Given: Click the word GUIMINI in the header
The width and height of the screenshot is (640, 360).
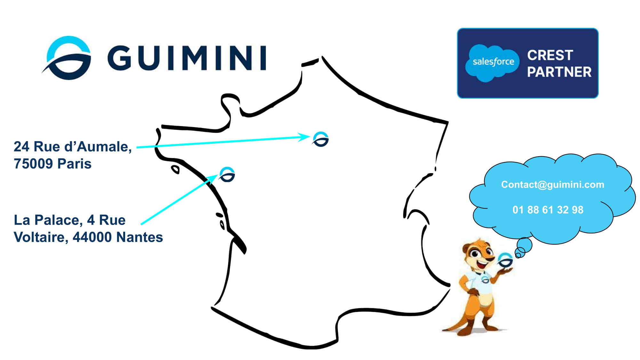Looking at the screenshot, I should tap(187, 58).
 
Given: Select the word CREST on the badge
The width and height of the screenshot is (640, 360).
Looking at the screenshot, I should tap(550, 55).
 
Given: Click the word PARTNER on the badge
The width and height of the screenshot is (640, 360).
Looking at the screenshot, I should tap(559, 72).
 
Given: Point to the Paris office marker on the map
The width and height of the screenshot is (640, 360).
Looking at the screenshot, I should tap(321, 139).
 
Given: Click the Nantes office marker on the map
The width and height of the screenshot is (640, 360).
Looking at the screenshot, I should tap(227, 175).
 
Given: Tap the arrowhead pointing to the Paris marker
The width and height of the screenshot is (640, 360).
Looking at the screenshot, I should tap(304, 137).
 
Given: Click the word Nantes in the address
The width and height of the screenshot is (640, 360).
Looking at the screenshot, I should tap(140, 237).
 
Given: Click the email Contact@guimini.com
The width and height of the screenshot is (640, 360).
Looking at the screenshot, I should tap(552, 185).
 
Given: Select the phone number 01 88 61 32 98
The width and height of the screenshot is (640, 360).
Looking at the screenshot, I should tap(548, 210).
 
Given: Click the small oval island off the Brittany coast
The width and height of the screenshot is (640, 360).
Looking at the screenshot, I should tap(175, 169).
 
